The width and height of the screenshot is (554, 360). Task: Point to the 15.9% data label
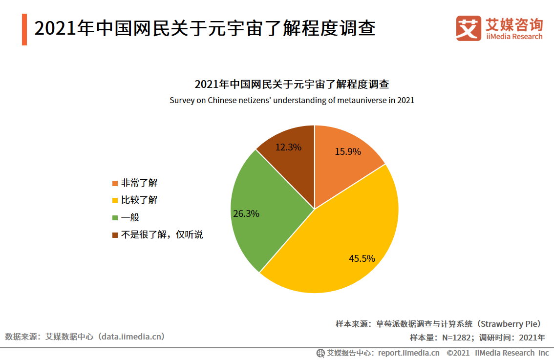coord(348,152)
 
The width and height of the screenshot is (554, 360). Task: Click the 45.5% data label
coord(362,259)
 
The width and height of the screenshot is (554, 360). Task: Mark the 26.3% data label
coord(246,214)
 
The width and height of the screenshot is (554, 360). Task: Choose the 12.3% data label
coord(288,147)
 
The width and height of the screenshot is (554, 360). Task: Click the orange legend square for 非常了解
coord(115,184)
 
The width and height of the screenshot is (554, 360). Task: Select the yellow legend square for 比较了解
coord(115,201)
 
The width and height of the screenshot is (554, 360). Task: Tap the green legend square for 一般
coord(115,218)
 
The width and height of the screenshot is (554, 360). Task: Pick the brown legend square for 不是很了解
coord(115,235)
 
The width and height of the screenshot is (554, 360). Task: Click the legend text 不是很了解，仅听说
coord(162,235)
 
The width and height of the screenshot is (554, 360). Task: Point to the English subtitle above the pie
coord(292,101)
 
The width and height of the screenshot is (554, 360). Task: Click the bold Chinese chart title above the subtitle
coord(292,84)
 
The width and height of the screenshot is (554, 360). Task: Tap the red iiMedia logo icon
coord(469,28)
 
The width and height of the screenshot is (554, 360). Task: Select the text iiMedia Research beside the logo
coord(514,37)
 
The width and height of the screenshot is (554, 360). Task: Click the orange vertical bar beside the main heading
coord(24,30)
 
